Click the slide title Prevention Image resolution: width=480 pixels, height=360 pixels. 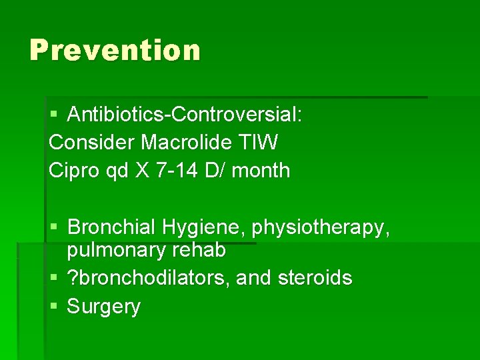click(115, 50)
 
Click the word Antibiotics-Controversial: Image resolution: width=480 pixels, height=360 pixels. click(185, 114)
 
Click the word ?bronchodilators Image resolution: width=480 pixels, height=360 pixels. click(145, 277)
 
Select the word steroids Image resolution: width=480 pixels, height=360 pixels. click(314, 277)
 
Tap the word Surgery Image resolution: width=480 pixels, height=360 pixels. click(104, 307)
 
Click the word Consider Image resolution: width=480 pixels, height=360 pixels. click(92, 142)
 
